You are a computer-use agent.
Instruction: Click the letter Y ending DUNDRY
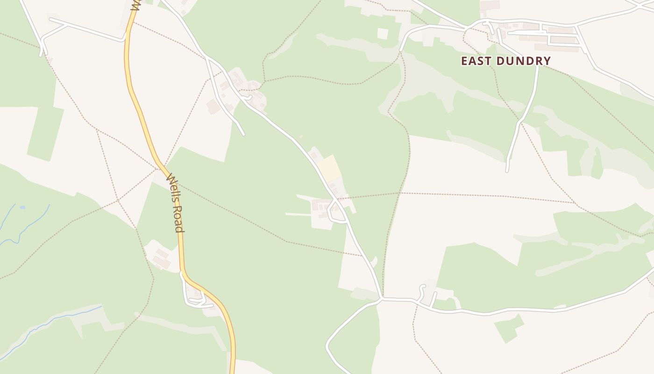pyautogui.click(x=547, y=61)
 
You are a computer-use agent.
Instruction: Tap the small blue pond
pyautogui.click(x=22, y=207)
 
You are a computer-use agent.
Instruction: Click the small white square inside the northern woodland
pyautogui.click(x=383, y=34)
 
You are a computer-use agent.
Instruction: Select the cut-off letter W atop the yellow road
pyautogui.click(x=135, y=6)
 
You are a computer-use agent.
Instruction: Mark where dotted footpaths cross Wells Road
pyautogui.click(x=162, y=166)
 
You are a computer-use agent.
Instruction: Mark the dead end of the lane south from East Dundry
pyautogui.click(x=507, y=171)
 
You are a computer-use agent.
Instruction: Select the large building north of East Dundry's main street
pyautogui.click(x=489, y=6)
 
